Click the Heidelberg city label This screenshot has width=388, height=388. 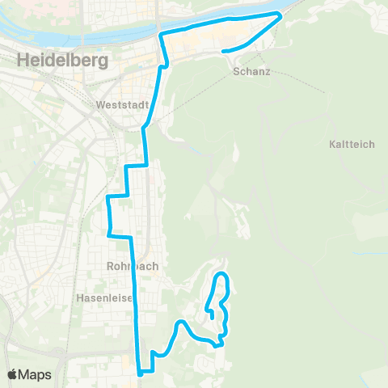coord(61,60)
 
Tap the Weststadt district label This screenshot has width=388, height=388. coord(119,105)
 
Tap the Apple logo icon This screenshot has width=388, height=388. coord(13,374)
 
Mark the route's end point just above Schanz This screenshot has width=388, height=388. coord(224,52)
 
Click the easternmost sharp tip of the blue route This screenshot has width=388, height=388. coord(280,15)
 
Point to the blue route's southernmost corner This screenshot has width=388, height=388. coord(141,373)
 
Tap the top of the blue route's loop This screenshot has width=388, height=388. coord(221,276)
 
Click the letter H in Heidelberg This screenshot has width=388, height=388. coord(22,60)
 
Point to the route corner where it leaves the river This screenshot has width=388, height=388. coord(162,33)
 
